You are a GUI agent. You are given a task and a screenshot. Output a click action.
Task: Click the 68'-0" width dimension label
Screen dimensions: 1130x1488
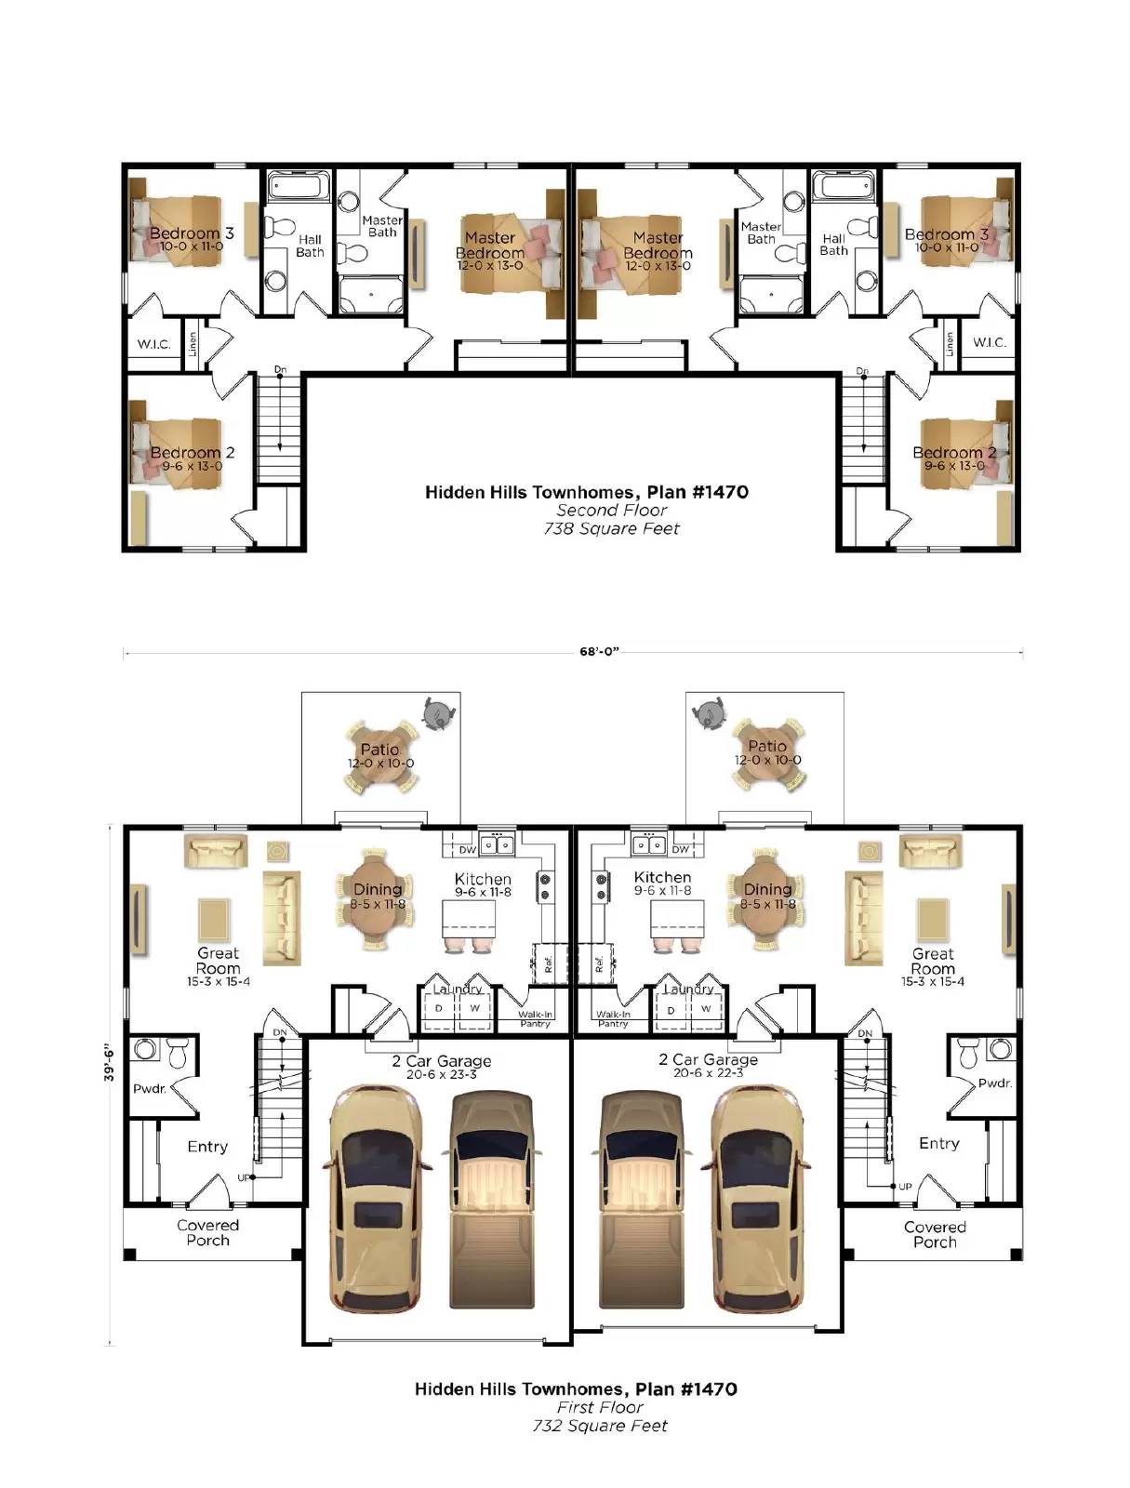click(599, 652)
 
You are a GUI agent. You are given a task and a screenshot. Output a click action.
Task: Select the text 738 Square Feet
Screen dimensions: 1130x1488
click(611, 529)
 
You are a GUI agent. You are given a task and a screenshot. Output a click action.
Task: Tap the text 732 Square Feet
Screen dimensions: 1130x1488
click(600, 1426)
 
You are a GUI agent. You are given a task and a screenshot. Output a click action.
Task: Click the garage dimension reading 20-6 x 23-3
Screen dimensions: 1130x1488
click(441, 1074)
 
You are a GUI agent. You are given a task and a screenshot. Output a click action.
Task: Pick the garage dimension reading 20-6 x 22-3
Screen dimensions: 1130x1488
click(709, 1073)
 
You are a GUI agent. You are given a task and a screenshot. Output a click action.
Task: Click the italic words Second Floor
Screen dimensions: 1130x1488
click(611, 511)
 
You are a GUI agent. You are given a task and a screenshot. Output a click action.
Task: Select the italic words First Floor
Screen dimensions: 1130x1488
click(600, 1407)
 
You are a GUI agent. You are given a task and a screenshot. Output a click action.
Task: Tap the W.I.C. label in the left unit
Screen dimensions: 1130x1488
click(153, 344)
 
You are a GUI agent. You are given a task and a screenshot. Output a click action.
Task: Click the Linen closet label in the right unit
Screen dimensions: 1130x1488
click(949, 344)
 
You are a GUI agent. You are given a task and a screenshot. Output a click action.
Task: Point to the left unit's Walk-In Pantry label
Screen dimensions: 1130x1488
click(536, 1019)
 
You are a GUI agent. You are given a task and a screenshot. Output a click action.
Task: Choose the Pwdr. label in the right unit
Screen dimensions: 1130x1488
click(994, 1083)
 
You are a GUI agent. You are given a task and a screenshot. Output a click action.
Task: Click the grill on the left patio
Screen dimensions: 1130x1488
click(439, 714)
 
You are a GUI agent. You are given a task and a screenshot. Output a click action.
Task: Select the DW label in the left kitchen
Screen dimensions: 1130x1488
click(467, 849)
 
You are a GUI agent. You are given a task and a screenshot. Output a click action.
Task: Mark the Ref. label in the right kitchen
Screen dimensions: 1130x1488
click(599, 964)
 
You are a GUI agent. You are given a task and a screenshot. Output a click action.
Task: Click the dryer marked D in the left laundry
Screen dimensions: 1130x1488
click(439, 1009)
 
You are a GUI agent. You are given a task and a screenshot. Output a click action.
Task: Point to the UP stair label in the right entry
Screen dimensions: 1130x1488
click(905, 1187)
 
